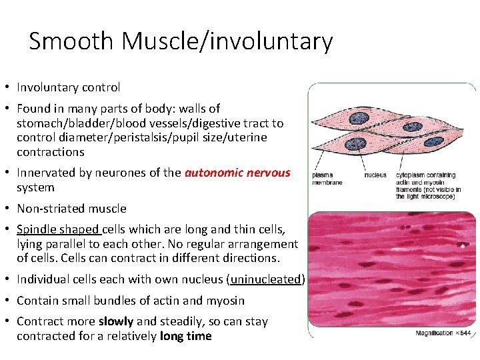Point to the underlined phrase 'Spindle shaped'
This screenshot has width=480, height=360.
(59, 229)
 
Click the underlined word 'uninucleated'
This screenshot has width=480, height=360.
(266, 279)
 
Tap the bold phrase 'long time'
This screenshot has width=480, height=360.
(186, 336)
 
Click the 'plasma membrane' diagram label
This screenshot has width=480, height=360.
(327, 179)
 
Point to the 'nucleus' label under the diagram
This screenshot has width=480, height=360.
(375, 175)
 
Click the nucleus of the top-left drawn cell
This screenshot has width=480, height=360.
(360, 119)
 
